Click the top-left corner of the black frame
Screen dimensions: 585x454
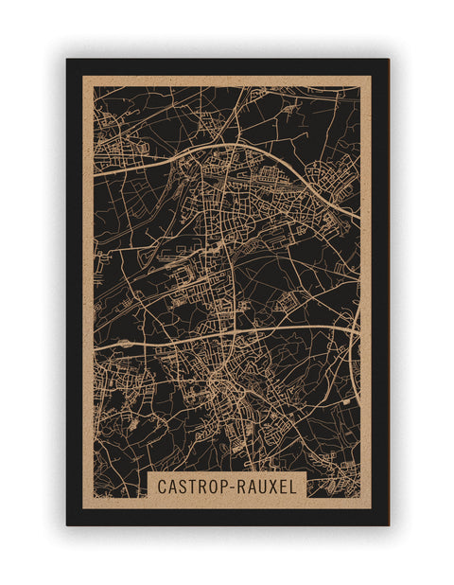[x=67, y=60]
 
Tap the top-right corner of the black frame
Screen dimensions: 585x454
[x=388, y=60]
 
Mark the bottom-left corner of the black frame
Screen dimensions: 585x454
[x=67, y=524]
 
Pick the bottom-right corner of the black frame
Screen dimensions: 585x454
[x=388, y=524]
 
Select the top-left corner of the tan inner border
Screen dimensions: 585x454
[x=83, y=76]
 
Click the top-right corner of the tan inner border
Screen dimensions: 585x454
[x=371, y=76]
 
